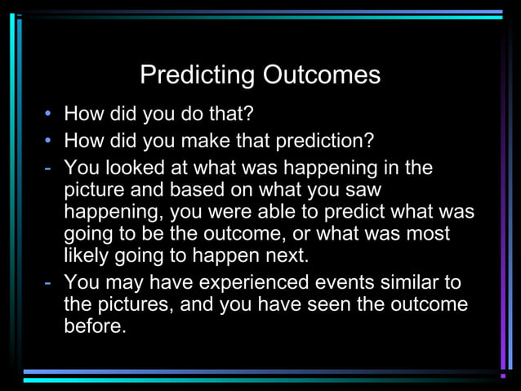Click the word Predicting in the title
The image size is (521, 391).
point(198,75)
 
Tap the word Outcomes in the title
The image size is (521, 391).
point(321,75)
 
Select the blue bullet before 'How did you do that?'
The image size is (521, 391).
point(50,113)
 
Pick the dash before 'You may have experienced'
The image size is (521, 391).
point(49,283)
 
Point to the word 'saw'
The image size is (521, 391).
point(365,191)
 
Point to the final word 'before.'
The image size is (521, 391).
point(96,326)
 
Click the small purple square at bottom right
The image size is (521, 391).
point(503,375)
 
